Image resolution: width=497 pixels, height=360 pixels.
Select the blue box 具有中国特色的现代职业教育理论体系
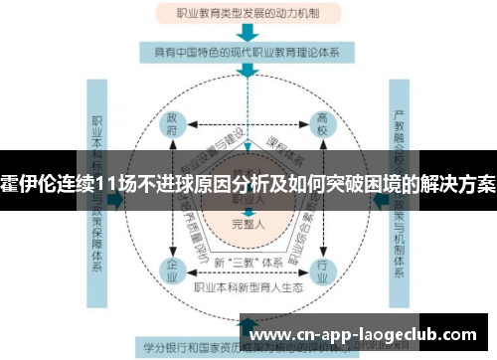[248, 53]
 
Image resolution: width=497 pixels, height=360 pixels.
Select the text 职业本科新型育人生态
[248, 287]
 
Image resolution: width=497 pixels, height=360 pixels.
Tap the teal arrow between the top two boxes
[248, 32]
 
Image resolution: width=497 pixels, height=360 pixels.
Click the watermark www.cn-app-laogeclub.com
[367, 334]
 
